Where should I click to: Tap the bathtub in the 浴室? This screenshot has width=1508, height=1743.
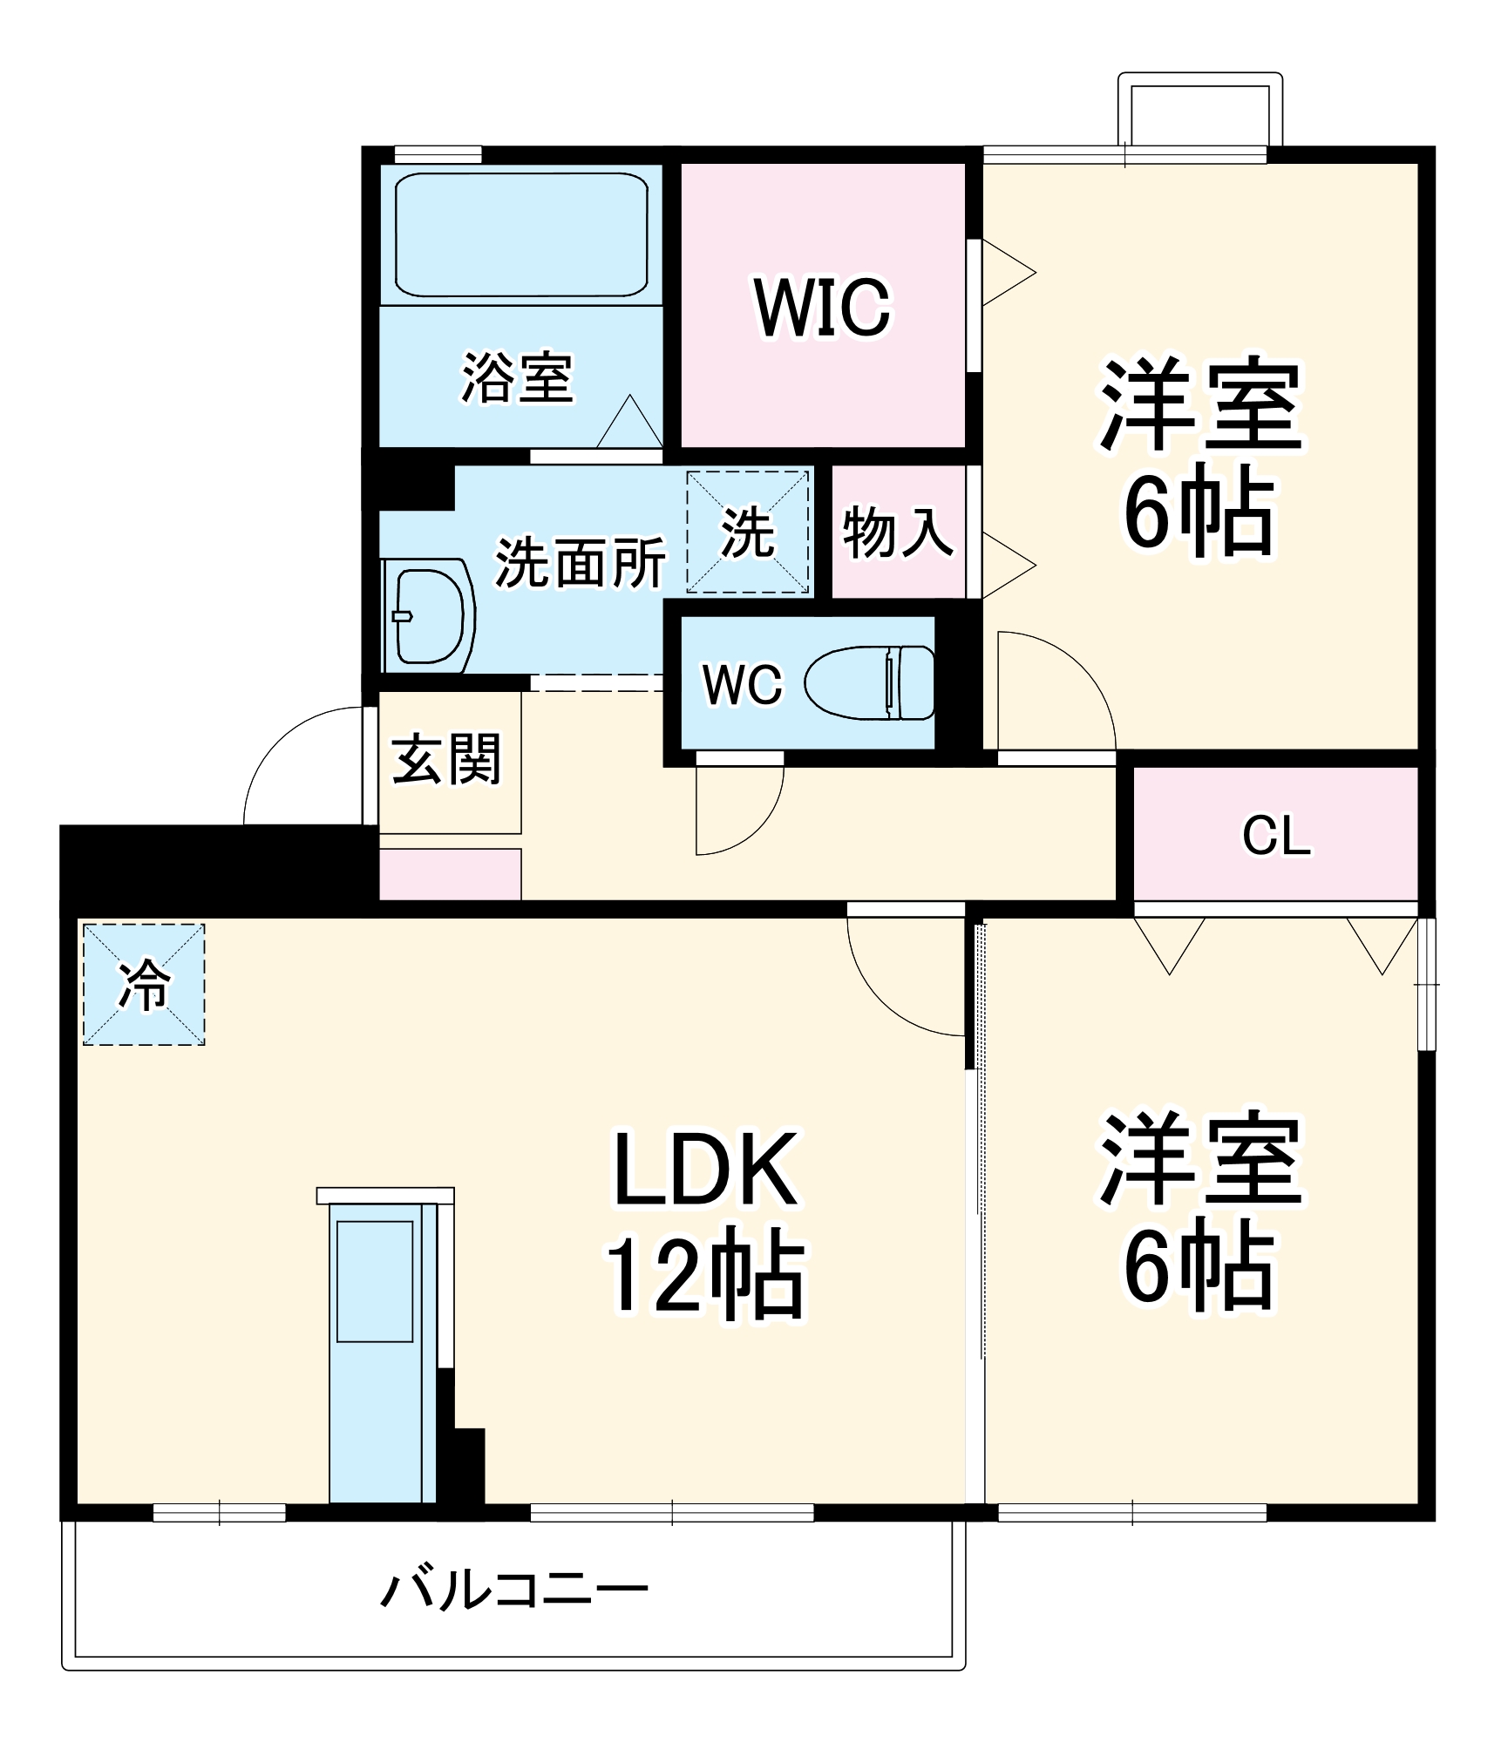(x=521, y=234)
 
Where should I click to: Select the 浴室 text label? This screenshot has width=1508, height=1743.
(x=517, y=378)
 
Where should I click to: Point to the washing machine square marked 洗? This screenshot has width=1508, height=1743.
(x=748, y=532)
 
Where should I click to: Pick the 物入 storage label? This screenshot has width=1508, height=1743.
(x=897, y=532)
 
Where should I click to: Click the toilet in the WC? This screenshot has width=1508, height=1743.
(x=870, y=682)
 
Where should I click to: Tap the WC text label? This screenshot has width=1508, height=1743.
(x=743, y=685)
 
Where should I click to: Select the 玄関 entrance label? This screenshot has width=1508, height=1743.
(x=446, y=759)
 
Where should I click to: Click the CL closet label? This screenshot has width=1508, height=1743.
(x=1275, y=835)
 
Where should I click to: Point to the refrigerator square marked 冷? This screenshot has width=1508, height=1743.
(x=144, y=984)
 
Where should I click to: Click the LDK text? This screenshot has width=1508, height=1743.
(x=705, y=1170)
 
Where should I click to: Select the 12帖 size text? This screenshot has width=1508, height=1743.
(x=705, y=1274)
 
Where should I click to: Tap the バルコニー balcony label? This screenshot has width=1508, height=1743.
(x=514, y=1591)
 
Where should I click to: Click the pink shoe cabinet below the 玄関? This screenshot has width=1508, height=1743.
(x=450, y=874)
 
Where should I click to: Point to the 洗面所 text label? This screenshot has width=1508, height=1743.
(x=580, y=562)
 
